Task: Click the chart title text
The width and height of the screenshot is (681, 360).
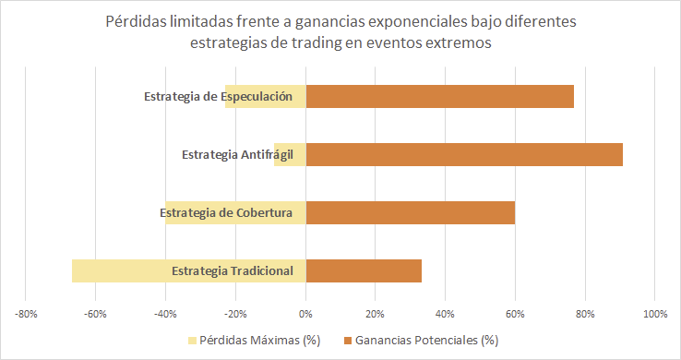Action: click(x=340, y=30)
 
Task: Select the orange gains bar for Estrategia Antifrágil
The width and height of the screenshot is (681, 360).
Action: click(x=464, y=154)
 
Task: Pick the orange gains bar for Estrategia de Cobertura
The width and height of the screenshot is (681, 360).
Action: click(x=410, y=212)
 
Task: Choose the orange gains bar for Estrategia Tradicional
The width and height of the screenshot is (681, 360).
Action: click(x=364, y=270)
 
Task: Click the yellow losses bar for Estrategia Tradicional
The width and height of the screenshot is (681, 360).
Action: click(x=120, y=270)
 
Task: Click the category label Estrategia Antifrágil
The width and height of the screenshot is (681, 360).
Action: click(x=237, y=154)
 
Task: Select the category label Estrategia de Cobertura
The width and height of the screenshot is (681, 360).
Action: click(x=225, y=213)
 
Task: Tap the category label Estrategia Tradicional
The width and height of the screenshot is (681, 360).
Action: click(x=232, y=270)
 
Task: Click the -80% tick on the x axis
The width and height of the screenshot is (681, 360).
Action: click(x=26, y=314)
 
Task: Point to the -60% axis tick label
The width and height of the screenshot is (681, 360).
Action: click(x=96, y=314)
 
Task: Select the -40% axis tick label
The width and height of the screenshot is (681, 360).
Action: click(x=166, y=314)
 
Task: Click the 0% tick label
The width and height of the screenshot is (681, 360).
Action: click(x=306, y=314)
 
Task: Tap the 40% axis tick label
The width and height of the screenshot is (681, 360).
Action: click(x=445, y=314)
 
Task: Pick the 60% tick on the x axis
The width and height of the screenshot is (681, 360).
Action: click(x=515, y=314)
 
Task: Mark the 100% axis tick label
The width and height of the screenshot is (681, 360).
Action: click(x=654, y=314)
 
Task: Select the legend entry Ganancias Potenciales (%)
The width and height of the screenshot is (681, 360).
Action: click(x=427, y=341)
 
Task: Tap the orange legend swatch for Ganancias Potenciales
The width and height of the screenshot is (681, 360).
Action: click(x=348, y=341)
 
